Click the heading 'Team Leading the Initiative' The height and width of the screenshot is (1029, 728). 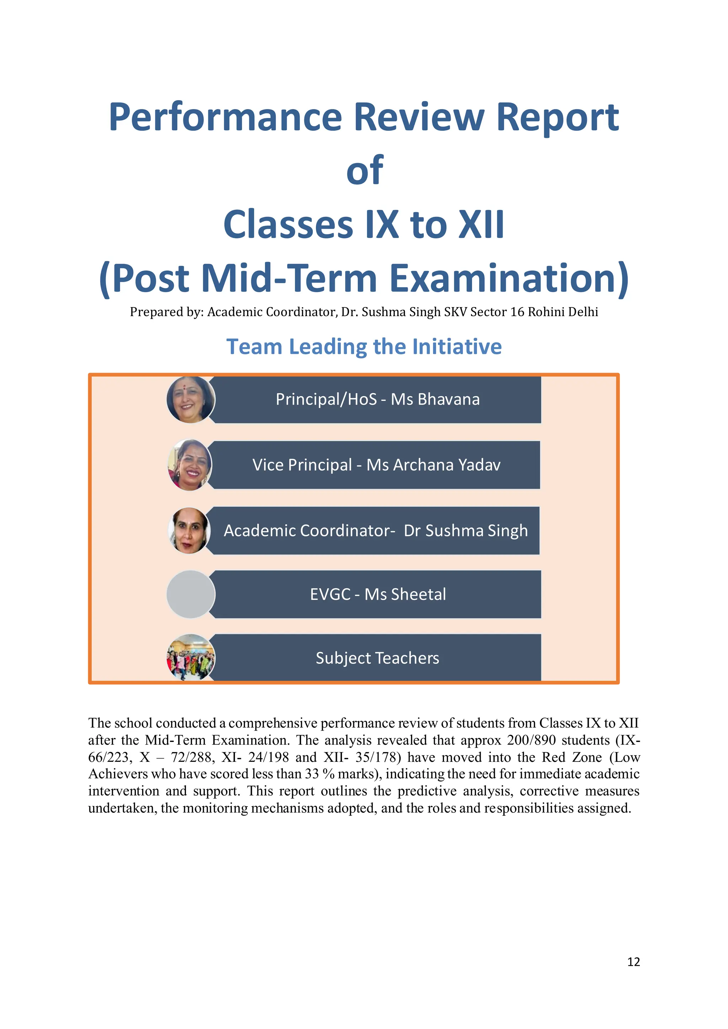tap(364, 346)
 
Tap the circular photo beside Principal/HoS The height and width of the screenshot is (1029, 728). tap(191, 399)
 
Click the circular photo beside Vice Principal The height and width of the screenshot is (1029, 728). tap(189, 465)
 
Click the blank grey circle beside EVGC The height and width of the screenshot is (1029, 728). tap(191, 594)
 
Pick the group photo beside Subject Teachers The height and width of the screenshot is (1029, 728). tap(191, 657)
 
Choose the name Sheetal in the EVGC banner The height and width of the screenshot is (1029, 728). tap(418, 594)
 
